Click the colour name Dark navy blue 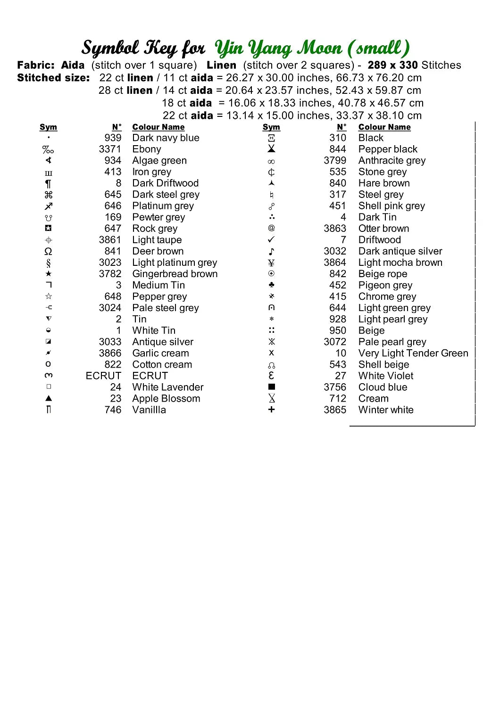pyautogui.click(x=166, y=138)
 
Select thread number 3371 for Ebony pyautogui.click(x=110, y=149)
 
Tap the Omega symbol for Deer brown pyautogui.click(x=48, y=251)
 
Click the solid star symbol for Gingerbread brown pyautogui.click(x=48, y=274)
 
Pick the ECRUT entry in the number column pyautogui.click(x=103, y=376)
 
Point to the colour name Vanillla pyautogui.click(x=149, y=410)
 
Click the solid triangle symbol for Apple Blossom pyautogui.click(x=48, y=398)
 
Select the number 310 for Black pyautogui.click(x=338, y=138)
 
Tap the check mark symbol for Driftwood pyautogui.click(x=271, y=239)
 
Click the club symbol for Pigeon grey pyautogui.click(x=271, y=285)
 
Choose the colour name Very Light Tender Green pyautogui.click(x=413, y=353)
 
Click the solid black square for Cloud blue pyautogui.click(x=271, y=387)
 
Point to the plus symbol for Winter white pyautogui.click(x=271, y=410)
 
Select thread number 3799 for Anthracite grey pyautogui.click(x=335, y=161)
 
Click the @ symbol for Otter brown pyautogui.click(x=271, y=228)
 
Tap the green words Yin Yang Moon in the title pyautogui.click(x=278, y=48)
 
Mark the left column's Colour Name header pyautogui.click(x=158, y=127)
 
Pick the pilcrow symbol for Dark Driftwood pyautogui.click(x=48, y=183)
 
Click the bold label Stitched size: pyautogui.click(x=53, y=78)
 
